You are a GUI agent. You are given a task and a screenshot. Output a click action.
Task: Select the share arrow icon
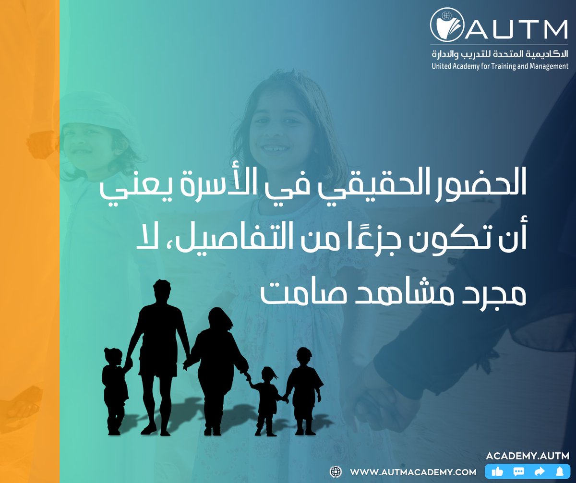[x=539, y=472]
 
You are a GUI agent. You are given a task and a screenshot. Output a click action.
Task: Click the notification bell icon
[x=559, y=472]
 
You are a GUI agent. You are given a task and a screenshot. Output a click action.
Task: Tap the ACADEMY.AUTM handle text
[x=528, y=455]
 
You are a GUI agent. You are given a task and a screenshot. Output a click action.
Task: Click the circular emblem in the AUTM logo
[x=446, y=24]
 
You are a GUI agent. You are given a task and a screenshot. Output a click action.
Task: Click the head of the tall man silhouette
[x=161, y=290]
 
